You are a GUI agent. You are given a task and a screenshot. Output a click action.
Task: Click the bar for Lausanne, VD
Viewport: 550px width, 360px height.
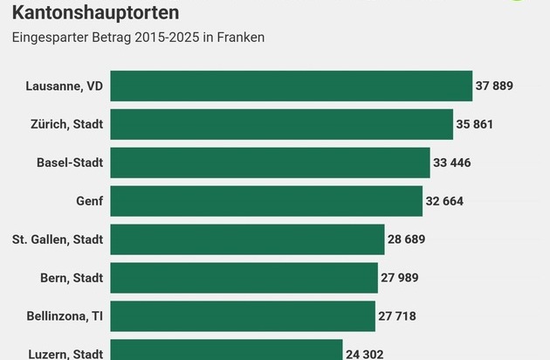pos(291,86)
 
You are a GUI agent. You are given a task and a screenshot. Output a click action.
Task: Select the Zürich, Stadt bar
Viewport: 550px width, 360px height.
pos(281,124)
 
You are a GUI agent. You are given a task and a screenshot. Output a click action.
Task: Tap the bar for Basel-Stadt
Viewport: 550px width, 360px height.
pos(270,163)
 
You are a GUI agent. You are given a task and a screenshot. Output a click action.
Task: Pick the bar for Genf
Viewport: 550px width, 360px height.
pos(266,201)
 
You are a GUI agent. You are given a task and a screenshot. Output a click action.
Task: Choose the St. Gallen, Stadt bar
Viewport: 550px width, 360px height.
pos(247,239)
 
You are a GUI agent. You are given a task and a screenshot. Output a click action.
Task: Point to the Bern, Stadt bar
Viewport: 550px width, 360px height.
pos(244,278)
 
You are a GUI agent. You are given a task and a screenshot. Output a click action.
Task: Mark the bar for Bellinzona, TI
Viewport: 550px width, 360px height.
pos(243,316)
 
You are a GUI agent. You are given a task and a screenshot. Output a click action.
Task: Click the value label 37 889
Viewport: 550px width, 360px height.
pos(494,86)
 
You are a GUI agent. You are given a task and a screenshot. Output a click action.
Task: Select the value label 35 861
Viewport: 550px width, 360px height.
pos(475,124)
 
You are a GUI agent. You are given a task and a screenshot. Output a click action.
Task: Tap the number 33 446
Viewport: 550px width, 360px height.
pos(452,163)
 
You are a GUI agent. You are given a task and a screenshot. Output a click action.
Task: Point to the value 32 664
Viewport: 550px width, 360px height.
pos(444,201)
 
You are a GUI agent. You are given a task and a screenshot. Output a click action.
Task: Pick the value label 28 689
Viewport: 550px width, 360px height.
pos(407,239)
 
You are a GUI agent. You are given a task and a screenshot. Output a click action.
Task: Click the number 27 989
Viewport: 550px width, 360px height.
pos(400,278)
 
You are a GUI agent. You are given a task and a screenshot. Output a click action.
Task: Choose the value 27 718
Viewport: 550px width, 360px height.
pos(398,316)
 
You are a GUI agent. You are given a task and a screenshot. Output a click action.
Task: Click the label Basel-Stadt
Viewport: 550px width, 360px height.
pos(70,163)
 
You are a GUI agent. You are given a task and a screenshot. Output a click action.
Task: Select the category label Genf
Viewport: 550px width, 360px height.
pos(89,201)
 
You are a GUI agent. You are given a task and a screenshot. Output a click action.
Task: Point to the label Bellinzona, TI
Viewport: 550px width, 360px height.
pos(64,316)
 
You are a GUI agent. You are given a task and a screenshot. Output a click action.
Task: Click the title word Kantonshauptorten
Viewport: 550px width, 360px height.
pos(96,13)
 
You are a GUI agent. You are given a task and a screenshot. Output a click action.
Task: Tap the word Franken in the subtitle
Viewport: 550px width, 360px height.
pos(241,38)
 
